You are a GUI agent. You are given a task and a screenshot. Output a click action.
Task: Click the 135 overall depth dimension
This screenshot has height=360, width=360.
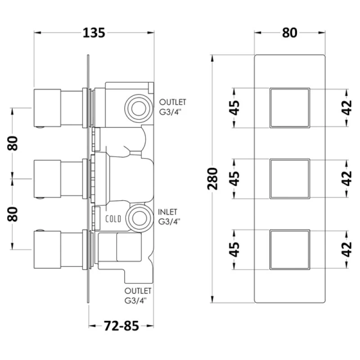pyautogui.click(x=94, y=33)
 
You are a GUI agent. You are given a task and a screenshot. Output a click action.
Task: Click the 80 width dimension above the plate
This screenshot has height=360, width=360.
pyautogui.click(x=290, y=32)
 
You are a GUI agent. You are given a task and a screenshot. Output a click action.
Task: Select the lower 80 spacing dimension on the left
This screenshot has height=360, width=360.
pyautogui.click(x=13, y=214)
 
